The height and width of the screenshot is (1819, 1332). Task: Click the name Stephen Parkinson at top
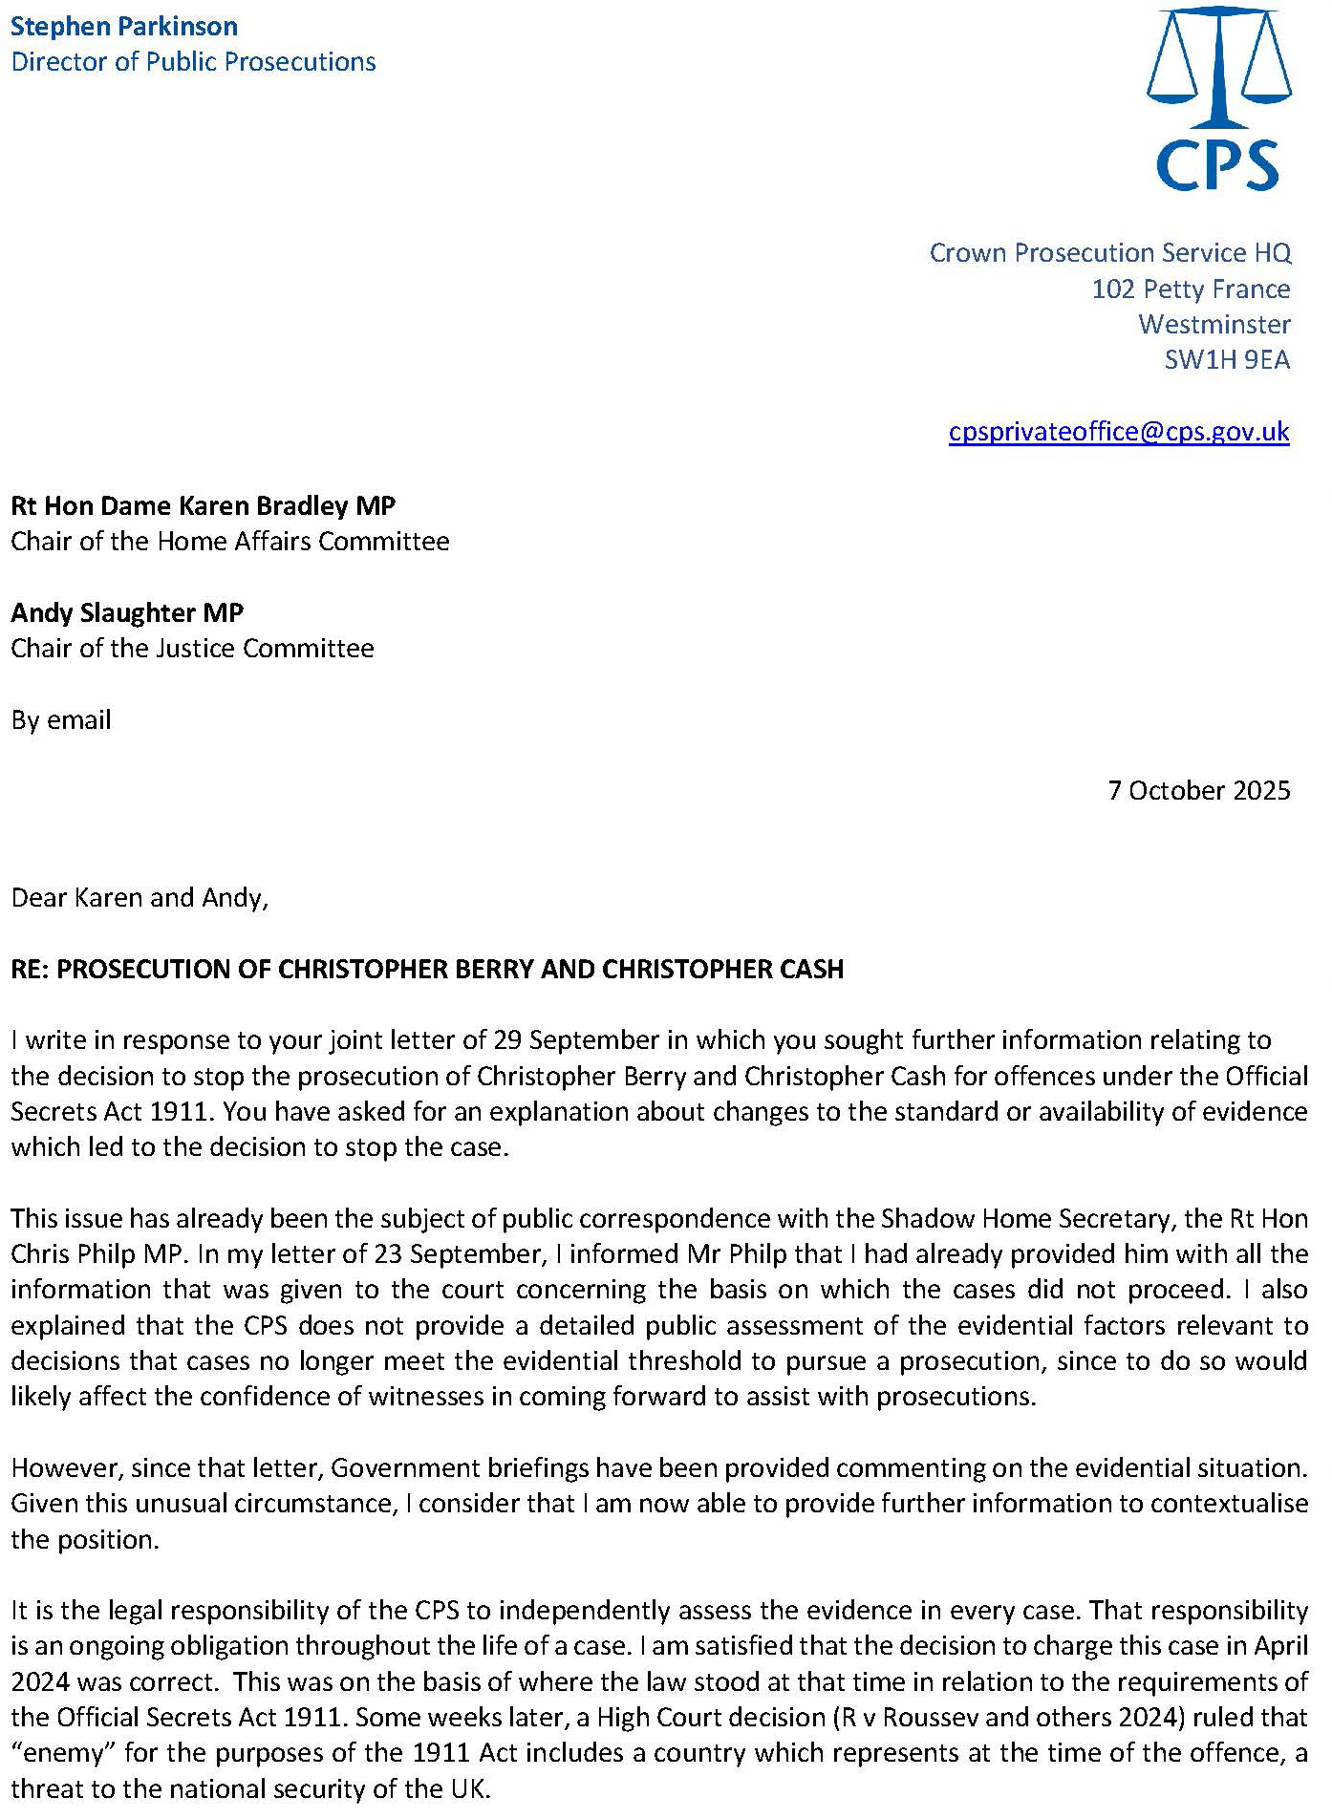tap(124, 26)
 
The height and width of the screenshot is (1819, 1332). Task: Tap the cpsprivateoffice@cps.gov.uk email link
tap(1119, 432)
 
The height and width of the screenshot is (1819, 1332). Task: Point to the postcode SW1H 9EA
tap(1227, 360)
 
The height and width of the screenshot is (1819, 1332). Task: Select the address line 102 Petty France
tap(1191, 289)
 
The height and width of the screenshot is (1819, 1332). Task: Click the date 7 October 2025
tap(1199, 790)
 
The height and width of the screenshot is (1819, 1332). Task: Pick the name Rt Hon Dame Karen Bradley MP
tap(203, 505)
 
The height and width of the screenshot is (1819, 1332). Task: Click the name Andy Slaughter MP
tap(127, 612)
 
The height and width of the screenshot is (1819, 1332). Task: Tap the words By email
tap(61, 719)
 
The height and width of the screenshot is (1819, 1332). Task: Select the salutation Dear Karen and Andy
tap(140, 898)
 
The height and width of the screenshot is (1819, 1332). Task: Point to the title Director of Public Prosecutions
tap(193, 62)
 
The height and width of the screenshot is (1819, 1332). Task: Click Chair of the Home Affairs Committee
tap(230, 542)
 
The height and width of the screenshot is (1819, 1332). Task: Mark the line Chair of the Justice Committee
tap(192, 649)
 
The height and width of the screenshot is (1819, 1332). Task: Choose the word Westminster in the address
tap(1214, 325)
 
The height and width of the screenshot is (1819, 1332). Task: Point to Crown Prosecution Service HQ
tap(1110, 253)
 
